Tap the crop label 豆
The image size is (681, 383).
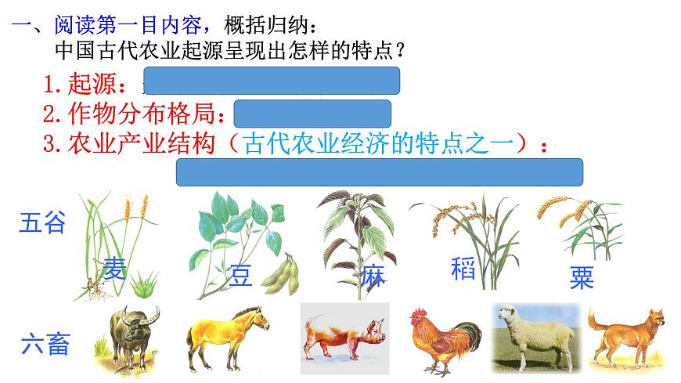click(241, 276)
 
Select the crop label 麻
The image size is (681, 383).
click(373, 276)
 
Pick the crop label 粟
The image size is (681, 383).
click(582, 277)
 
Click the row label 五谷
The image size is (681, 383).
click(42, 223)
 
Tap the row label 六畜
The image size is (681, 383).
click(45, 343)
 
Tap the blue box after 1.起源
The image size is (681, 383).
click(271, 81)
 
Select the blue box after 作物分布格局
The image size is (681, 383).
click(312, 113)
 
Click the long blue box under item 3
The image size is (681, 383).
click(380, 172)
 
